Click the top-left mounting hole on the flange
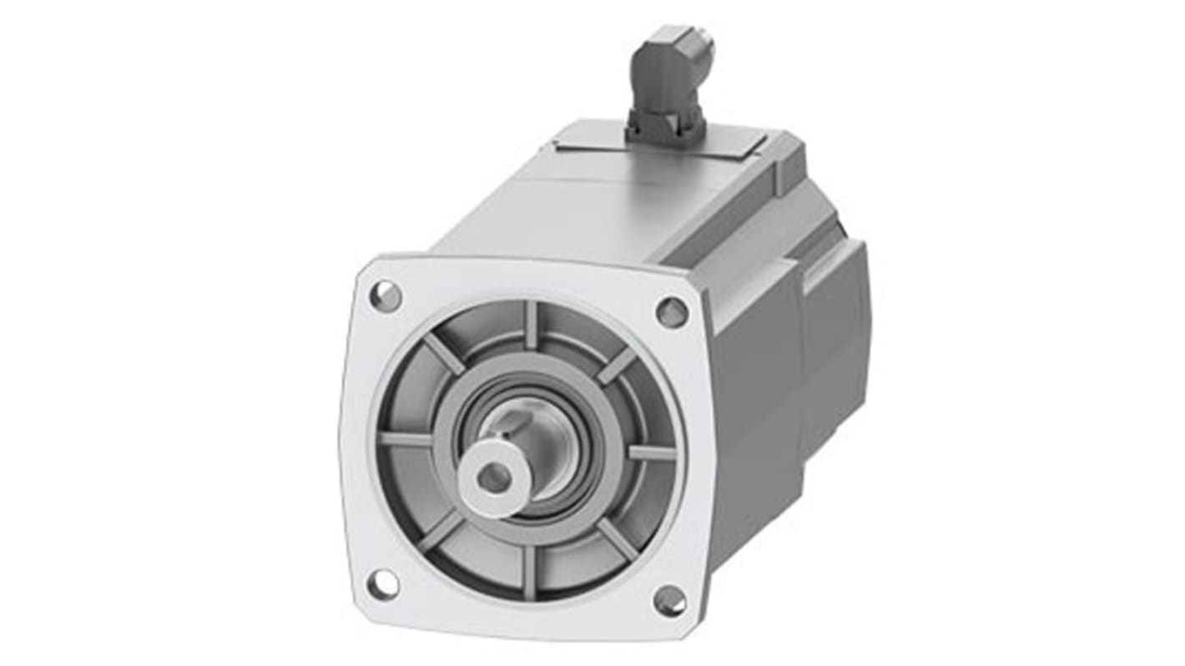386,296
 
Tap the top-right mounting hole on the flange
672,312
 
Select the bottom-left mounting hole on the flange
383,584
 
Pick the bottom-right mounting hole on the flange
669,600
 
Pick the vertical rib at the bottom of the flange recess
528,572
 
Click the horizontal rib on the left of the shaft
405,439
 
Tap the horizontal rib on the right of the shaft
651,452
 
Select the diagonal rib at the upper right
616,365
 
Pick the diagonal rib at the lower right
618,539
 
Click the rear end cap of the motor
835,334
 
